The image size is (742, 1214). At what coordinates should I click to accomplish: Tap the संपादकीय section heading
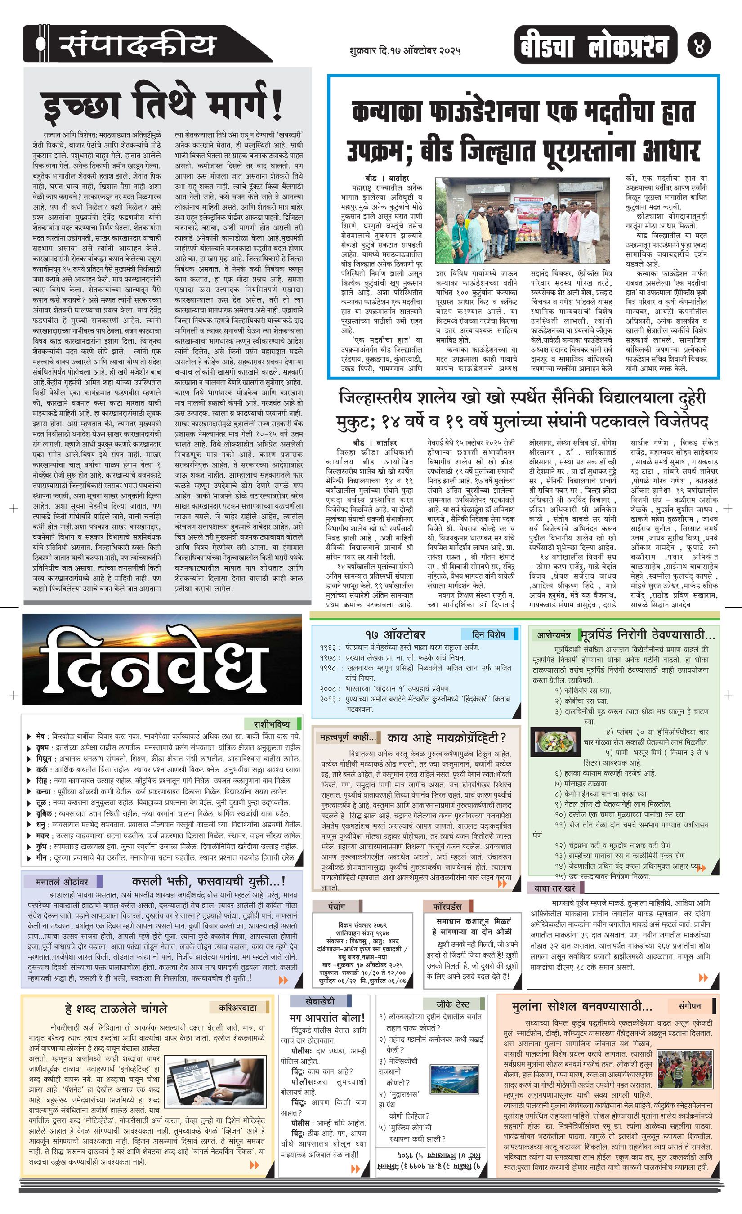coord(138,45)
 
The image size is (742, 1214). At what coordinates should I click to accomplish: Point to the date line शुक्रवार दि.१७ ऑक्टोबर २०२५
coord(404,50)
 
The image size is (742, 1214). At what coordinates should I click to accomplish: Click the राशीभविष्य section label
coord(272,724)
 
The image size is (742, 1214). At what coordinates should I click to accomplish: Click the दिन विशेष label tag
coord(488,634)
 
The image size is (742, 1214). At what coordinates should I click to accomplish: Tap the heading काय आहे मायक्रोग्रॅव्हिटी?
coord(447,737)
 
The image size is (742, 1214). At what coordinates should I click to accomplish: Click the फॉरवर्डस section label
coord(447,906)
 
